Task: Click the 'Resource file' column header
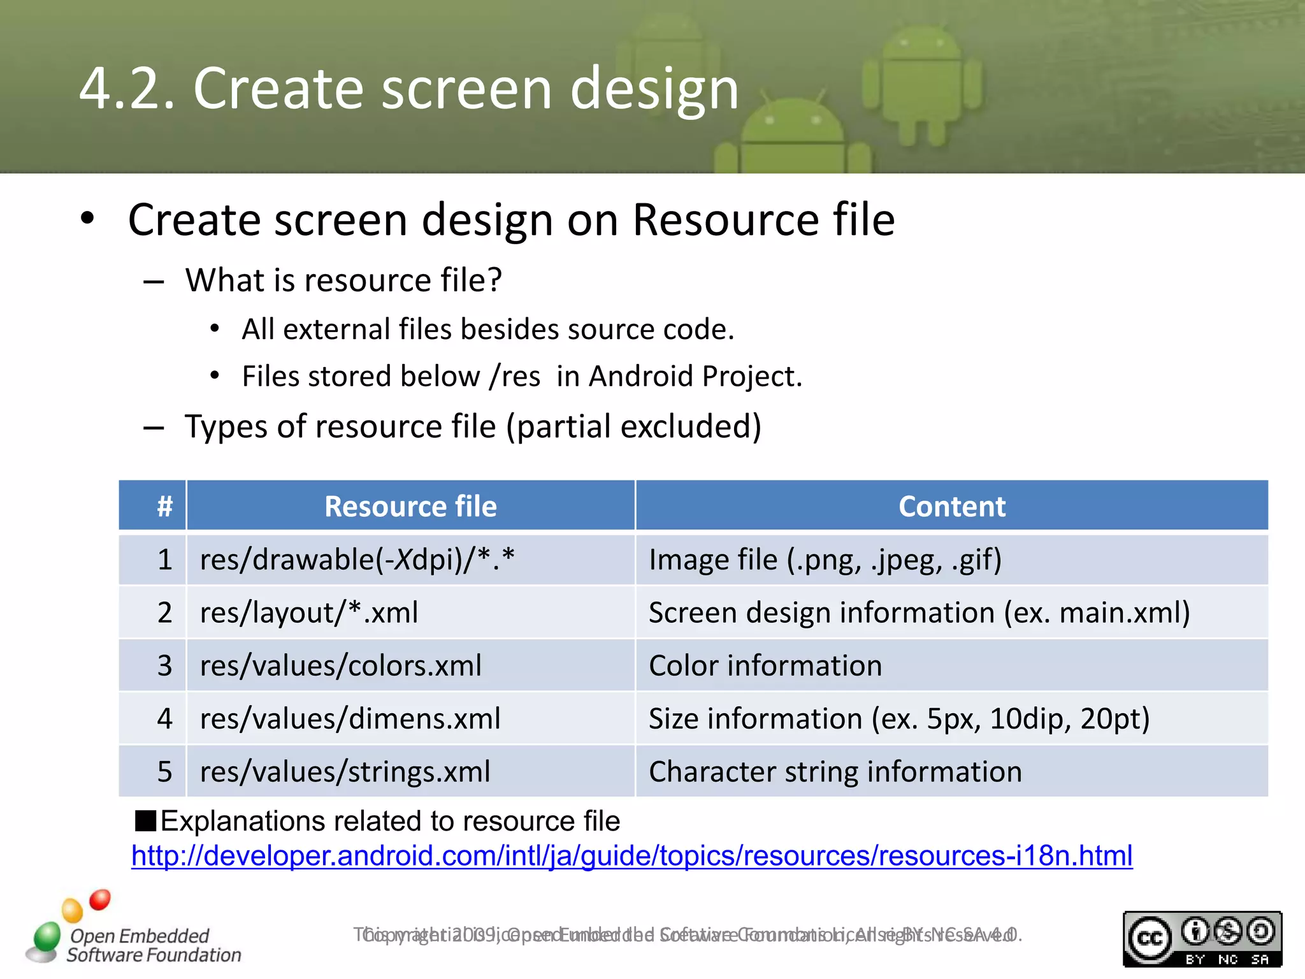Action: tap(410, 507)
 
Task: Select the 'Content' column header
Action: tap(951, 507)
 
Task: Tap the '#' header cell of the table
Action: tap(165, 507)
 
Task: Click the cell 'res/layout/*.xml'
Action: tap(309, 613)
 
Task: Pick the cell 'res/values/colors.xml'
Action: tap(341, 666)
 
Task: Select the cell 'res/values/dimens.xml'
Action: tap(350, 719)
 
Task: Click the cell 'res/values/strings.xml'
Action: tap(345, 772)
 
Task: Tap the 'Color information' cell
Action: tap(765, 666)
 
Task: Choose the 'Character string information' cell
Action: tap(835, 772)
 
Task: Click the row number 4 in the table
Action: tap(165, 719)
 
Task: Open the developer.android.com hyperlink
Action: tap(631, 856)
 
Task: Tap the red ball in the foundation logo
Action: tap(100, 900)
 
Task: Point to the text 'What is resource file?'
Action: tap(343, 280)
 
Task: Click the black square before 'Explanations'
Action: tap(145, 821)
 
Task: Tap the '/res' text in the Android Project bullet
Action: tap(515, 377)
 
